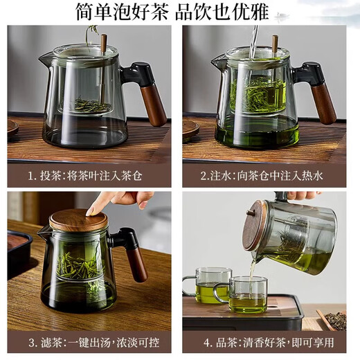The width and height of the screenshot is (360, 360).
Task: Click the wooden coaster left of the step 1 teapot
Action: pos(12,127)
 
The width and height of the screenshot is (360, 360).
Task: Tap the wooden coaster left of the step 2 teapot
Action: pos(190,129)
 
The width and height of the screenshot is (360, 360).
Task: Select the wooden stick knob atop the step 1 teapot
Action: pos(104,43)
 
